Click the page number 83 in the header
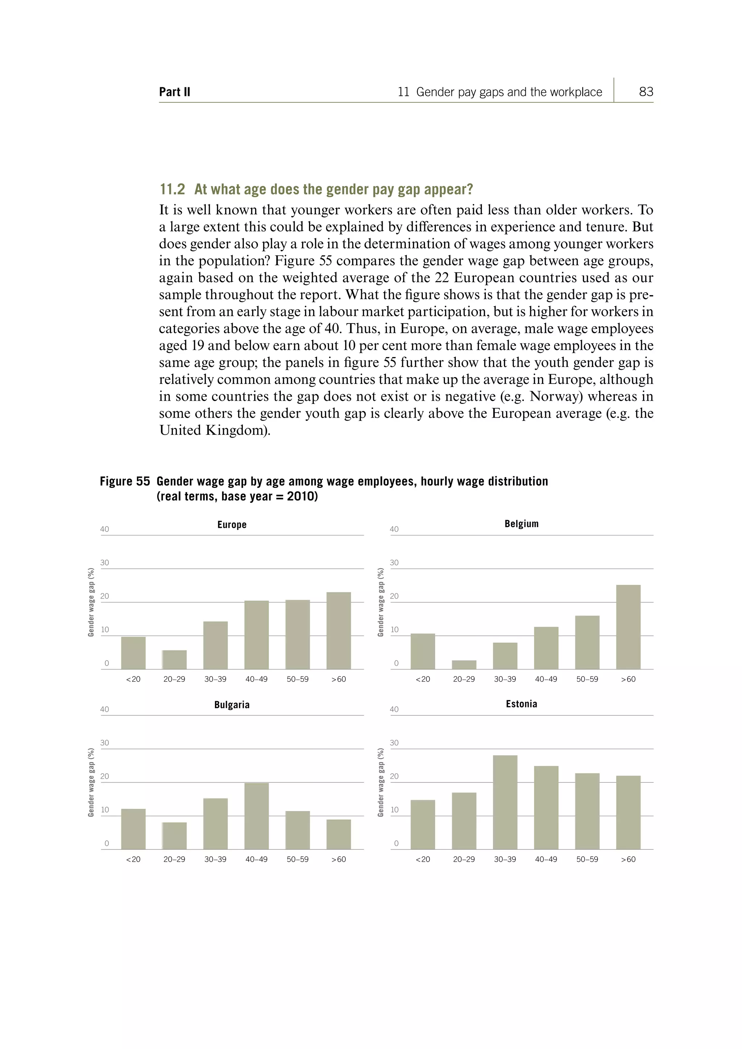click(646, 92)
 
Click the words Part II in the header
click(175, 92)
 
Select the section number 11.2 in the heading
click(172, 189)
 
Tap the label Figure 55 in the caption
click(125, 481)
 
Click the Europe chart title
click(232, 524)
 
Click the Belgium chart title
click(521, 523)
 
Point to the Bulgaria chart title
click(232, 705)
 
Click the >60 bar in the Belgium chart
click(628, 627)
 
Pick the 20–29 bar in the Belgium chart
click(464, 665)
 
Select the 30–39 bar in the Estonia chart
click(505, 802)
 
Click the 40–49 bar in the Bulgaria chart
click(256, 816)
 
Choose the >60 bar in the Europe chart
click(338, 631)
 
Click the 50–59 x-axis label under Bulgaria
click(297, 860)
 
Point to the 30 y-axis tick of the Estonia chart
click(394, 743)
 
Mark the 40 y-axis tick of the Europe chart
click(105, 529)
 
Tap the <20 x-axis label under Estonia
click(423, 860)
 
